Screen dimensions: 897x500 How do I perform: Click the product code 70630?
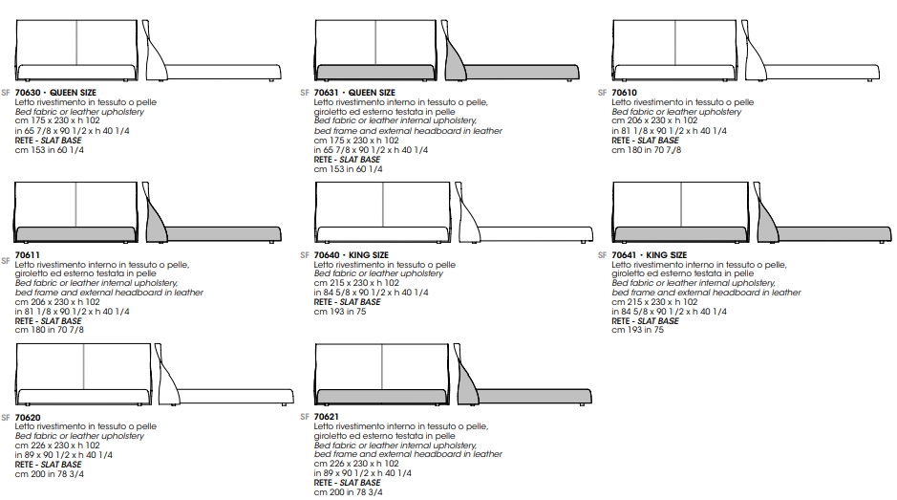(28, 92)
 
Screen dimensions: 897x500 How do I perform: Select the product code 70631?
(326, 92)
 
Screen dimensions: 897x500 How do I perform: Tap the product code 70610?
(624, 92)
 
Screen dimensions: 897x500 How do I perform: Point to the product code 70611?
(28, 255)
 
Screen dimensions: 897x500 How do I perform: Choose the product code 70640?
(327, 255)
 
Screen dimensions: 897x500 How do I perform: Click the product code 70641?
(624, 255)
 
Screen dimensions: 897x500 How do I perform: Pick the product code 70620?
(28, 418)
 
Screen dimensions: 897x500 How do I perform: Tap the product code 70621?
(326, 417)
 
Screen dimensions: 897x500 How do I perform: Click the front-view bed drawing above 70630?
(76, 51)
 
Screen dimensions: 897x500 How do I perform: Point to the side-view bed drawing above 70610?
(810, 51)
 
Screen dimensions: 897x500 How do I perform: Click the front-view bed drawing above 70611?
(76, 213)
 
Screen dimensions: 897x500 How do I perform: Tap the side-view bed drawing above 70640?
(523, 213)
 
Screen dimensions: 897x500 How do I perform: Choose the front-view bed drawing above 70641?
(680, 213)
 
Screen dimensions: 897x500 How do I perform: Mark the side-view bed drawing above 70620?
(224, 375)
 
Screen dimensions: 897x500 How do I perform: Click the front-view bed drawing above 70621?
(381, 375)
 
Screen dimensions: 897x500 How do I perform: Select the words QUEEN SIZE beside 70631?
(372, 92)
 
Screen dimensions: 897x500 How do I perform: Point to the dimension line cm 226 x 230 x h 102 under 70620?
(57, 445)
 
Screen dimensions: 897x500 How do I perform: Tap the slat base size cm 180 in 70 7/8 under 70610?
(647, 150)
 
